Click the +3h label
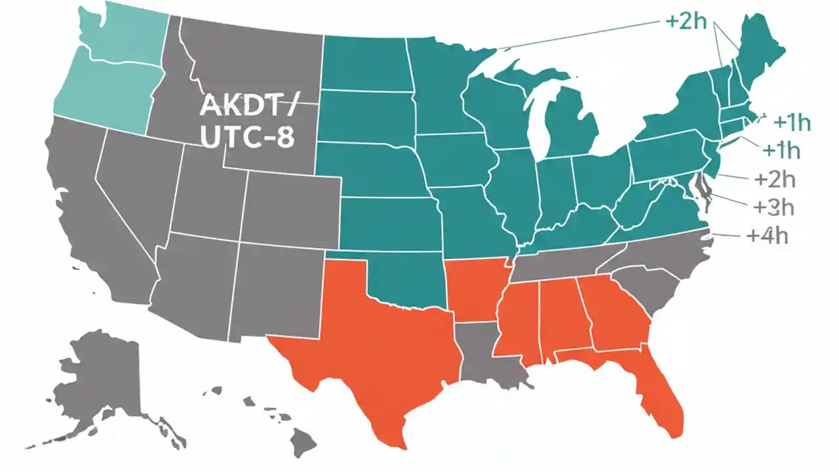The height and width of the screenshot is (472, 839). coord(774,207)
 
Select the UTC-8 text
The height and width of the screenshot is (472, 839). coord(248,138)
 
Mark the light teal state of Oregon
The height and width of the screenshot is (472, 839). coord(105,98)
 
